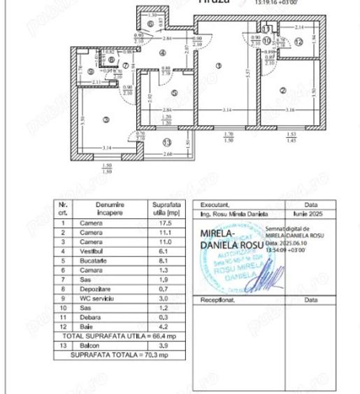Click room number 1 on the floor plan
[219, 66]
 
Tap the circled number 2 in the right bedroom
[282, 90]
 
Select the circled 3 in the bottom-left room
[106, 120]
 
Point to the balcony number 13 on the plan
[166, 143]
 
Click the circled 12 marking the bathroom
[298, 42]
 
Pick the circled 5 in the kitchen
[174, 91]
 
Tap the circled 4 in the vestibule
[162, 52]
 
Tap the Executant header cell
[216, 205]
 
